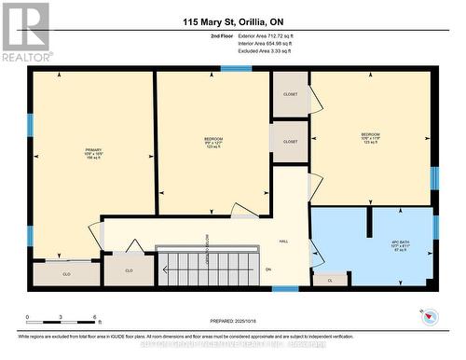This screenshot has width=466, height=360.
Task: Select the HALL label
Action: (x=284, y=241)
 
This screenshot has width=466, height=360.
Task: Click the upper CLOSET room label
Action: (x=289, y=94)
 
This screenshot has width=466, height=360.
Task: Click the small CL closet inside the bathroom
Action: (x=330, y=279)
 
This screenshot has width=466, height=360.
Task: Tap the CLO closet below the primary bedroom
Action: (x=66, y=274)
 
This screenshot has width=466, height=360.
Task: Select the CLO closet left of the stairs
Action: (x=129, y=270)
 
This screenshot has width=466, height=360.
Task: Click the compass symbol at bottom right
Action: (x=429, y=318)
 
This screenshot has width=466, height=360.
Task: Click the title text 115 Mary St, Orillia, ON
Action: (x=232, y=21)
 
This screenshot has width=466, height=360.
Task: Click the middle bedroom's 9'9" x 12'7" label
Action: (x=213, y=143)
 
